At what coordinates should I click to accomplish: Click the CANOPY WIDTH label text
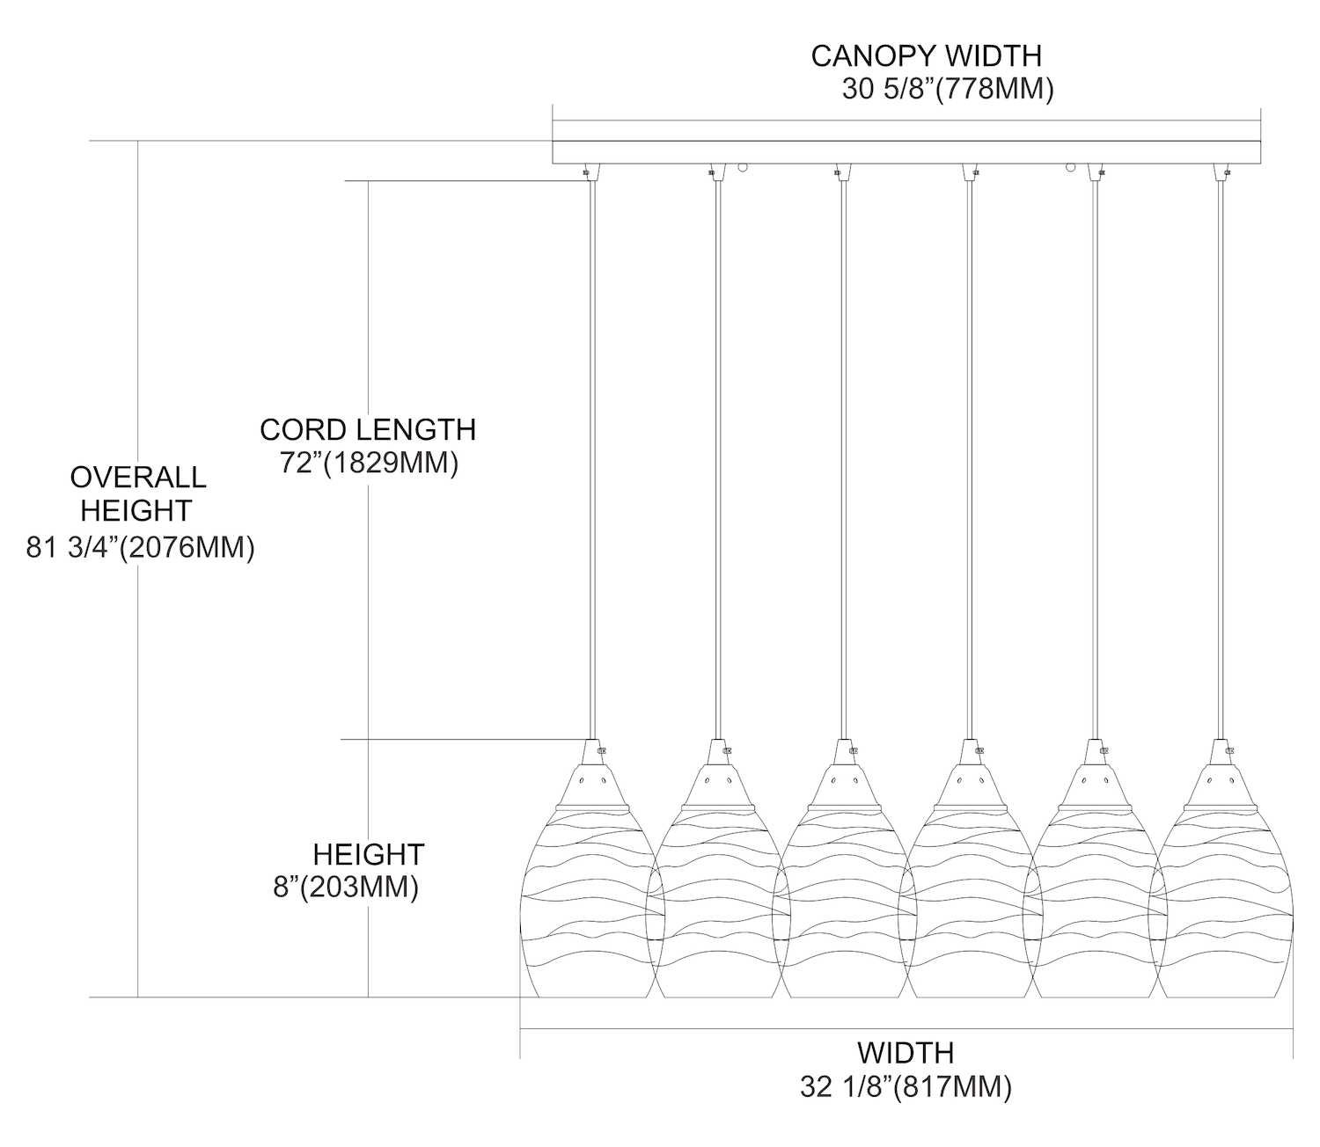coord(926,55)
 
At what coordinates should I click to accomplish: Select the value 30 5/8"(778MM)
coord(948,91)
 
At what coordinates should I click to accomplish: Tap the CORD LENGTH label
coord(368,429)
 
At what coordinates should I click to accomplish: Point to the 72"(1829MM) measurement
coord(370,463)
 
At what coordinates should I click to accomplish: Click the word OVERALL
coord(138,477)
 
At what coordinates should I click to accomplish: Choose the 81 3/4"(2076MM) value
coord(141,548)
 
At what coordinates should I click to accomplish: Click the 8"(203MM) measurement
coord(346,888)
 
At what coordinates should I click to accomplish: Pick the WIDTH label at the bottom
coord(906,1052)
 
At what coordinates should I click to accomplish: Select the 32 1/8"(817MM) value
coord(906,1087)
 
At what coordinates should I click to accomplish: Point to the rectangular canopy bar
coord(906,152)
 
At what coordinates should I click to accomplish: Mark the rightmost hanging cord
coord(1221,457)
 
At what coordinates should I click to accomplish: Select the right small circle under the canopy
coord(1071,166)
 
